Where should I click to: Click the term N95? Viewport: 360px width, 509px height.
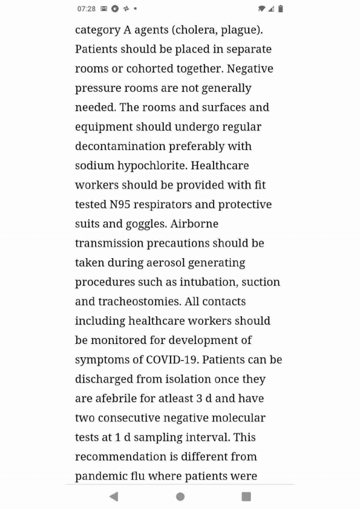coord(120,204)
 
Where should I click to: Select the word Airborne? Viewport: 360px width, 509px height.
coord(194,224)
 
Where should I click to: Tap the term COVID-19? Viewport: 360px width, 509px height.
coord(172,359)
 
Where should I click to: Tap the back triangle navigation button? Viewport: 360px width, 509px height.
coord(114,496)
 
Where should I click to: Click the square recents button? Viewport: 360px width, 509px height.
coord(246,496)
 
